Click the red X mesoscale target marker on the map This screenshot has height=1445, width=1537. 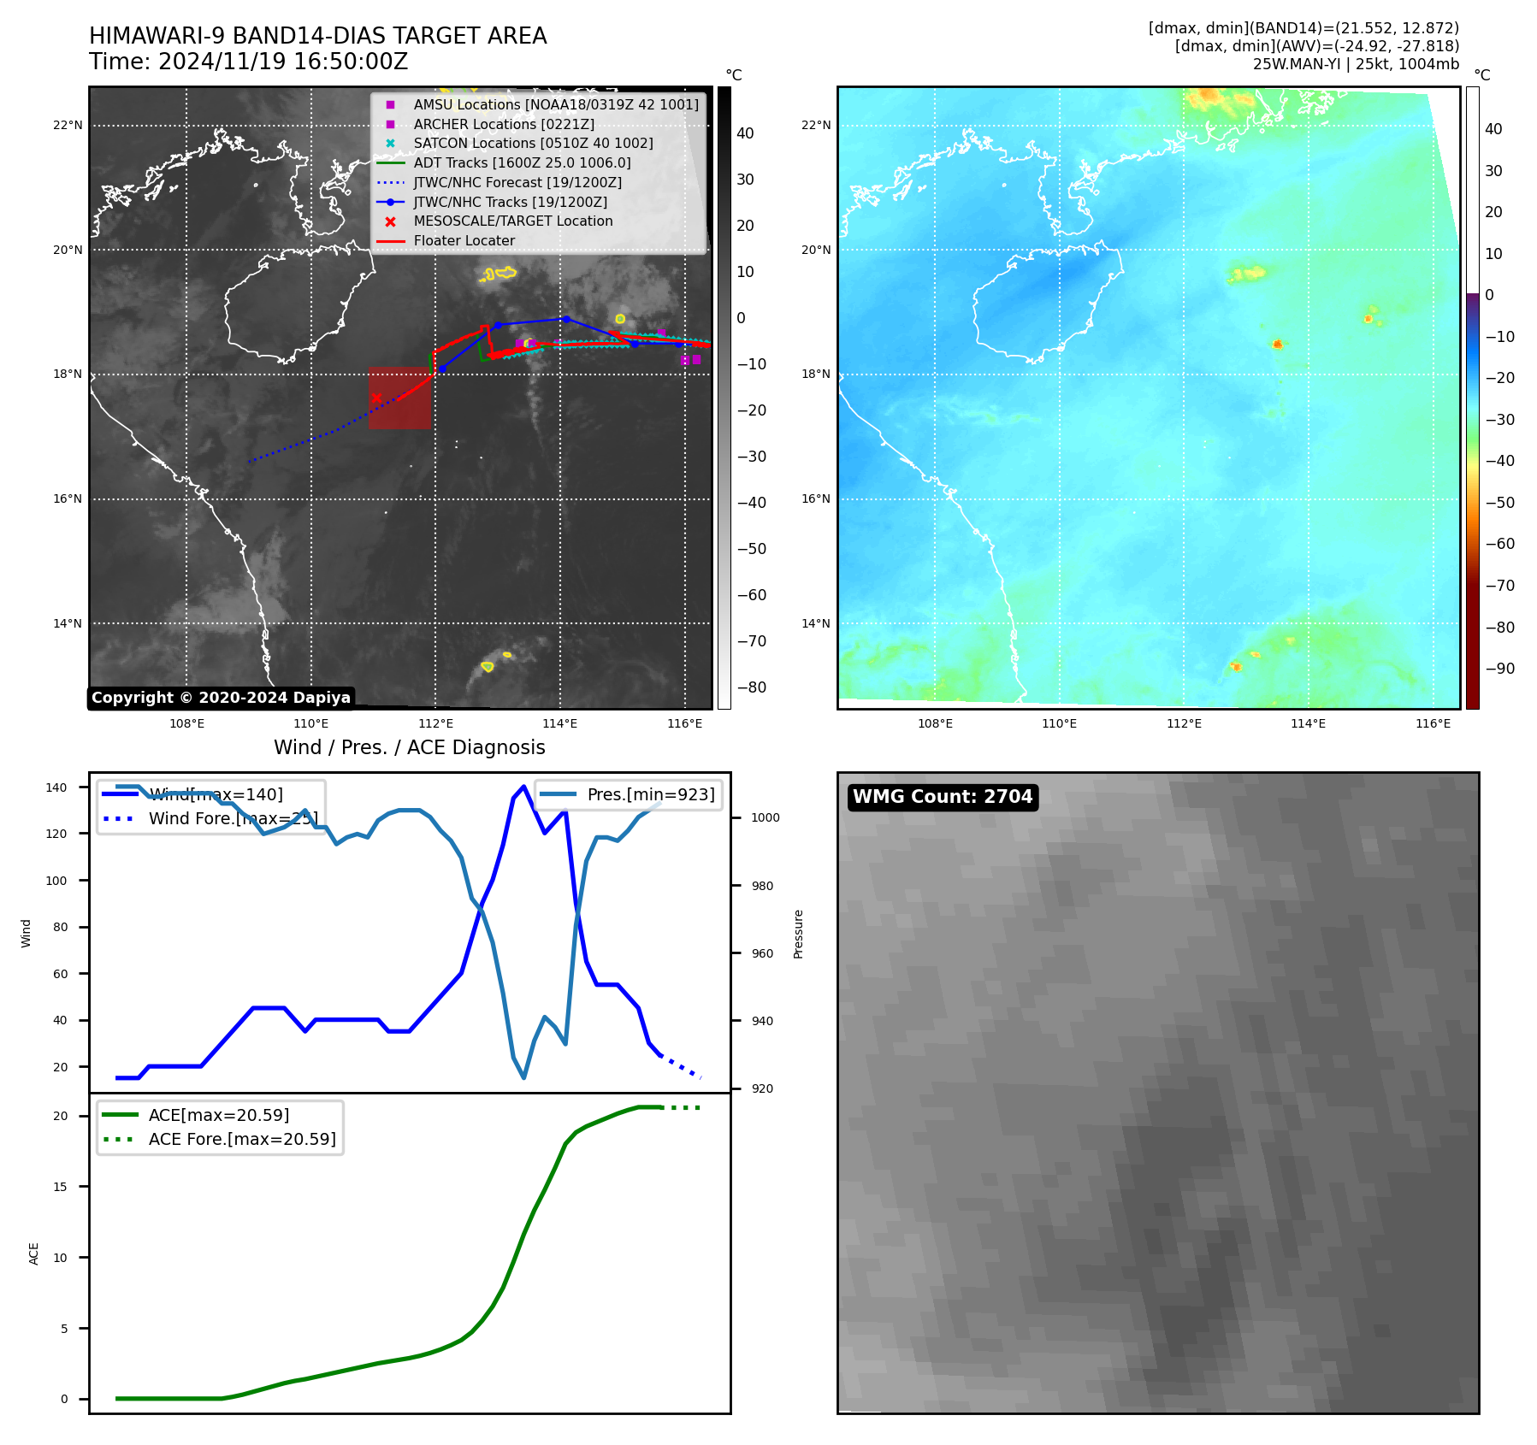pos(376,398)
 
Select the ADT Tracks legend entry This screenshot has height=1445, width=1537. pos(522,162)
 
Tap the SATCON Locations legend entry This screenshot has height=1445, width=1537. pos(533,143)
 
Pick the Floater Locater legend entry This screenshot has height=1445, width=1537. pos(464,241)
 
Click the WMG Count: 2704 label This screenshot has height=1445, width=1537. pos(943,797)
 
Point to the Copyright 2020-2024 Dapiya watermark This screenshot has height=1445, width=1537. pos(221,698)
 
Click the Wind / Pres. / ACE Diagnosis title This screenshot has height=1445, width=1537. pos(409,747)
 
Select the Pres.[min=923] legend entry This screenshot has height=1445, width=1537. pos(650,794)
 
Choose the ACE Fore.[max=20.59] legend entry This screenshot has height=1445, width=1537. pos(242,1139)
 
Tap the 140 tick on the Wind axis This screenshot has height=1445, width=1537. pos(56,787)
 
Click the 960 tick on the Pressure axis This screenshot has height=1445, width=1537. pos(762,953)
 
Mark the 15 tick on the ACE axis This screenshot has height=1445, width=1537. pos(60,1187)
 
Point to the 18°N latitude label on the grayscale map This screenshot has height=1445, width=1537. pos(68,375)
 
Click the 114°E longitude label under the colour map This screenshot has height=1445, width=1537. pos(1308,724)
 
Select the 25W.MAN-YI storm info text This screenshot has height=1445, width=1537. pos(1356,64)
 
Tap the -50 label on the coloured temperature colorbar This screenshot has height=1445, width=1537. pos(1499,502)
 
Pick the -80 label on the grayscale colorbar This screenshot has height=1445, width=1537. pos(752,687)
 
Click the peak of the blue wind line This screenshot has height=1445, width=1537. pos(523,787)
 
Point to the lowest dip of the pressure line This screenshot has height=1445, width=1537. pos(523,1077)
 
